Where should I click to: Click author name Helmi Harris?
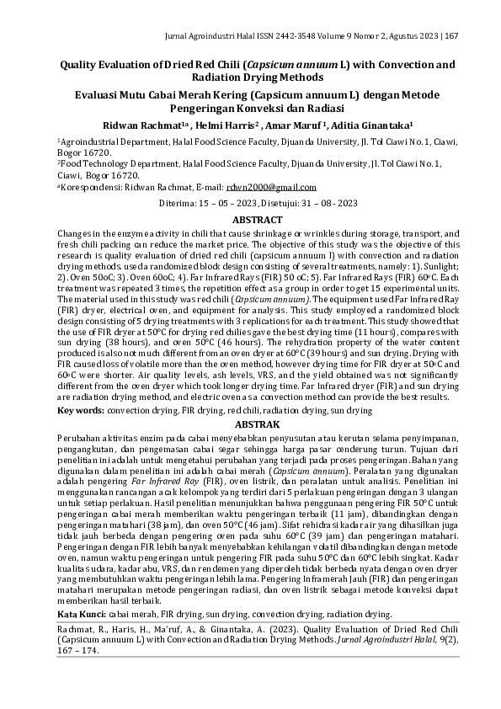click(225, 124)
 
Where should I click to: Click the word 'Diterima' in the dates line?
click(178, 204)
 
